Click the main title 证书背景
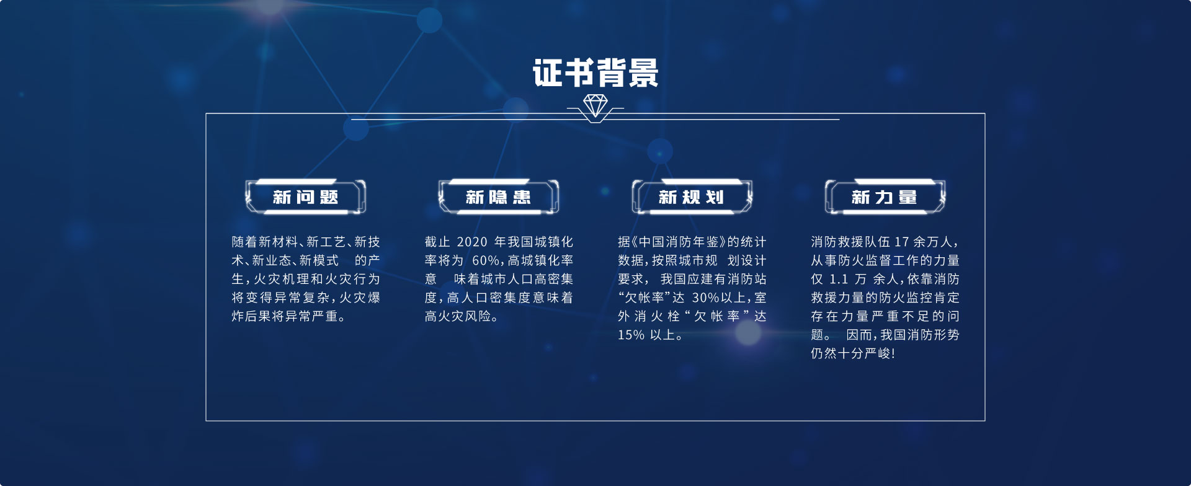point(595,73)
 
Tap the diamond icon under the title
point(595,105)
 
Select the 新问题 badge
point(306,197)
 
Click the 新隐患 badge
point(499,197)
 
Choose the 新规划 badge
point(692,197)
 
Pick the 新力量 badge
point(885,197)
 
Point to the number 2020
point(472,242)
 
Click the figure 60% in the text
point(488,260)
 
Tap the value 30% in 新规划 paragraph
point(706,298)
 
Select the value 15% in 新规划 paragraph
point(631,335)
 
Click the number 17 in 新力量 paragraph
point(901,242)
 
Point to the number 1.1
point(839,279)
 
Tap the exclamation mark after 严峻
point(893,354)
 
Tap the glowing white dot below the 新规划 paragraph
point(747,333)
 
